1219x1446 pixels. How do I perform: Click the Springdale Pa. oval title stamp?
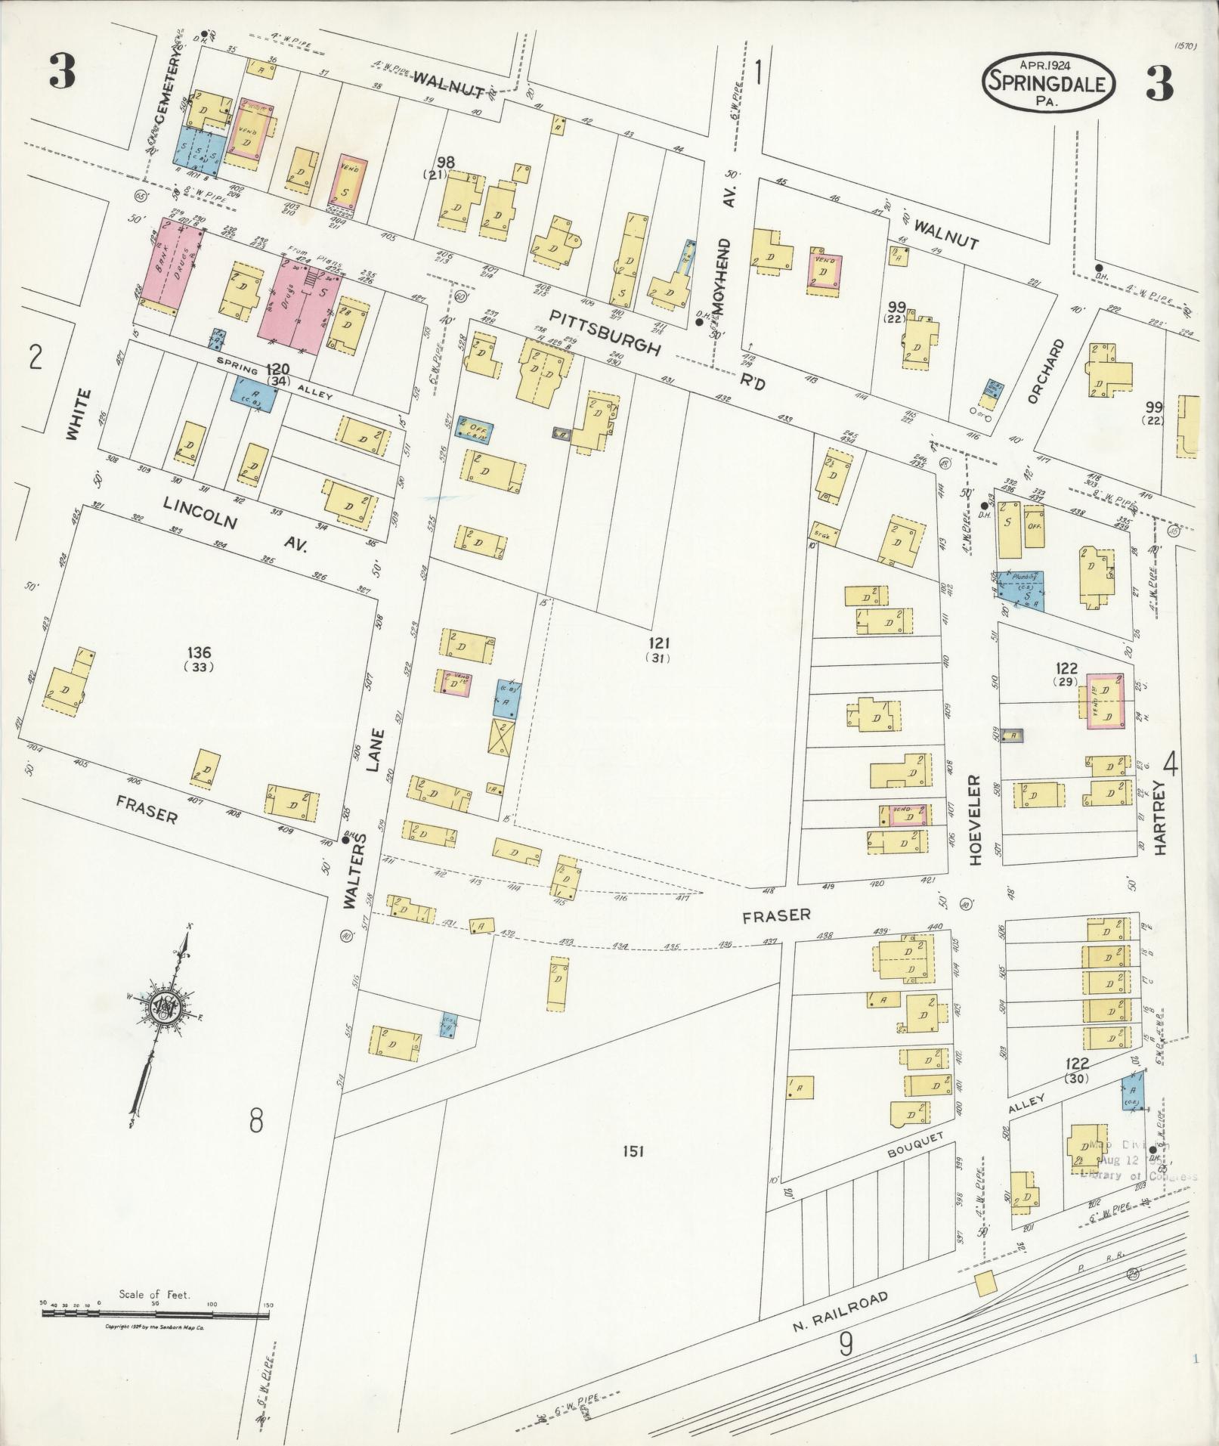[1049, 82]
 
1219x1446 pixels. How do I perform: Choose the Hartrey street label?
[1160, 818]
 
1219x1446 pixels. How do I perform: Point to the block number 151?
[633, 1172]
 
